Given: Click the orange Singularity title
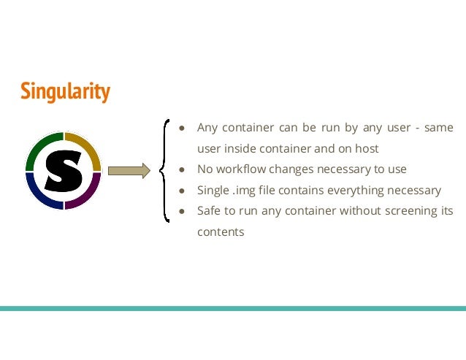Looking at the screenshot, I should [65, 91].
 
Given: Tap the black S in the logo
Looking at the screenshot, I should [63, 171].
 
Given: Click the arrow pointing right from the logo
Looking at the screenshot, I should [129, 171].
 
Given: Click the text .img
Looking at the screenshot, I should [245, 190].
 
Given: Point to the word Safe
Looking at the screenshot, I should [209, 211].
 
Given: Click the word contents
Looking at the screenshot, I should [221, 232].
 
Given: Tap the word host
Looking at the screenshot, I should [366, 148].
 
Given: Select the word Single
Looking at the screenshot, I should [213, 190].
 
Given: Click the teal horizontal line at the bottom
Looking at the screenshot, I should [233, 308].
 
